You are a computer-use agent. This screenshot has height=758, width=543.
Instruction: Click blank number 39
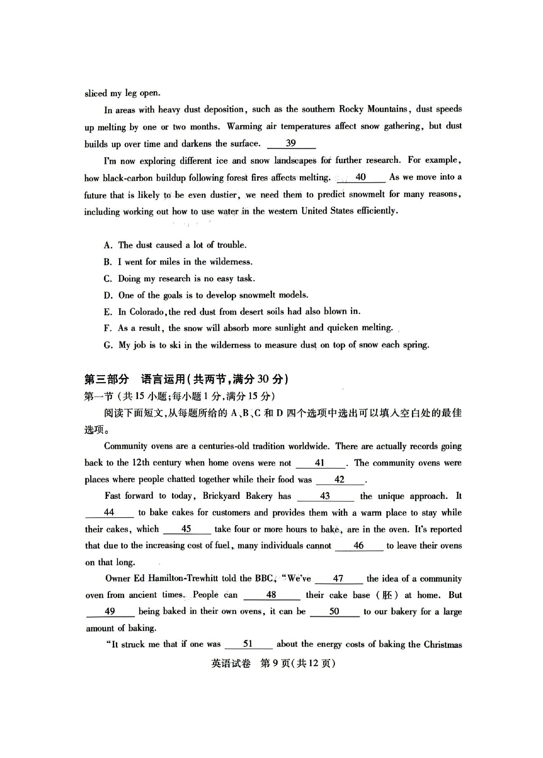pyautogui.click(x=291, y=143)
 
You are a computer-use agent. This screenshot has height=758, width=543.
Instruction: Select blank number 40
pyautogui.click(x=361, y=177)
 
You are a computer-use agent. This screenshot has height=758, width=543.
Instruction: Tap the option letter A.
pyautogui.click(x=107, y=245)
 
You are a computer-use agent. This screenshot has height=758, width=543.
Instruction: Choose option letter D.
pyautogui.click(x=108, y=295)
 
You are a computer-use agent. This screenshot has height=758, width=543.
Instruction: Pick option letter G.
pyautogui.click(x=108, y=345)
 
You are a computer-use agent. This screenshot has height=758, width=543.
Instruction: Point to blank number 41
pyautogui.click(x=320, y=463)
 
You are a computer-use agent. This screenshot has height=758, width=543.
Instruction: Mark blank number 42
pyautogui.click(x=339, y=480)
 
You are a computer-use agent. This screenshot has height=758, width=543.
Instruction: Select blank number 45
pyautogui.click(x=186, y=529)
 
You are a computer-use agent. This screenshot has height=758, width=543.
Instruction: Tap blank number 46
pyautogui.click(x=359, y=546)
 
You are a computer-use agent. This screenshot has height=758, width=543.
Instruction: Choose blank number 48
pyautogui.click(x=271, y=595)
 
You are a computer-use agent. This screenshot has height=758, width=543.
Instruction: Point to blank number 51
pyautogui.click(x=248, y=644)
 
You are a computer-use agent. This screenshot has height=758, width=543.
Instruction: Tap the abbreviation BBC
pyautogui.click(x=264, y=578)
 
